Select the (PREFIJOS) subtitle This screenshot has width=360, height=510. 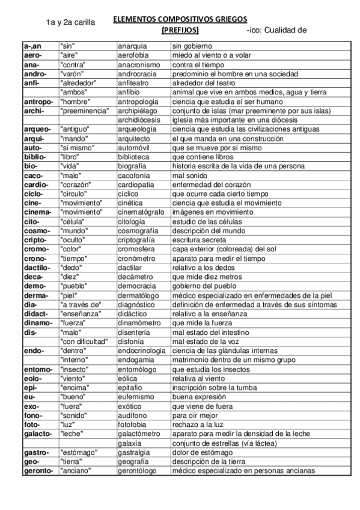click(x=180, y=29)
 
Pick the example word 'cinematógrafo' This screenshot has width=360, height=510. click(x=141, y=212)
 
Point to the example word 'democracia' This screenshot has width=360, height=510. click(x=136, y=286)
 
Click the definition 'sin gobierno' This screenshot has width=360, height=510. click(x=192, y=46)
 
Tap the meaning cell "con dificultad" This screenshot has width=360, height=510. click(x=84, y=341)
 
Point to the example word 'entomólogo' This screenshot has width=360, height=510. click(x=138, y=369)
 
